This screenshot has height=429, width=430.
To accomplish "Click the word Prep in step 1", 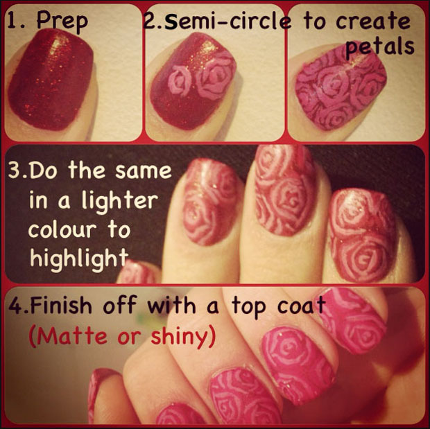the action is click(62, 21).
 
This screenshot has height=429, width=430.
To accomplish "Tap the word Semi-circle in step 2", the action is click(227, 21).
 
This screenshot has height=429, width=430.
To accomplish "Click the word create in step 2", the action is click(373, 21).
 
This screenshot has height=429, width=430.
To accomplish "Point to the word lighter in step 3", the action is click(121, 202).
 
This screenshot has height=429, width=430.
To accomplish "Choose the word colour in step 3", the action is click(62, 229).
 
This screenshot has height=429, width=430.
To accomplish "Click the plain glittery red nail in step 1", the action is click(51, 80).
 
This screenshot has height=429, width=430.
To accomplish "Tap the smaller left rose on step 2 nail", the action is click(180, 80).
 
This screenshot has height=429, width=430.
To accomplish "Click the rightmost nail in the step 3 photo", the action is click(363, 236).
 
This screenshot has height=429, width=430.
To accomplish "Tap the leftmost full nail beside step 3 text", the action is click(211, 202).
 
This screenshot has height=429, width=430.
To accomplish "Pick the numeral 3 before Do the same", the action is click(15, 170).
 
